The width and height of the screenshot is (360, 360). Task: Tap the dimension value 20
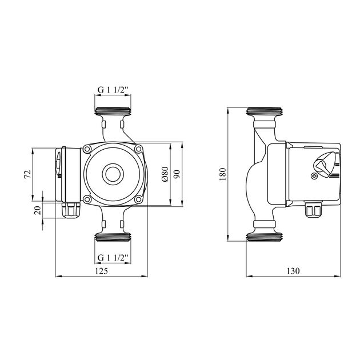point(38,210)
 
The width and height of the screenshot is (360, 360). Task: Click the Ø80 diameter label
point(165,174)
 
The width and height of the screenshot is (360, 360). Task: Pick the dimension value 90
point(177,174)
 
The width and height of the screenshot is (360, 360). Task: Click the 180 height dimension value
point(223,174)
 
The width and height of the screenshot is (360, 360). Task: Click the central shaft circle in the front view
point(113,174)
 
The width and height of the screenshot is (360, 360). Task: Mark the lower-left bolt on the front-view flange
point(87,199)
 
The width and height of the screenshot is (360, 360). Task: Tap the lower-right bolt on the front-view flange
point(138,199)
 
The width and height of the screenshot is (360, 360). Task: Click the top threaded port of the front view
point(113,111)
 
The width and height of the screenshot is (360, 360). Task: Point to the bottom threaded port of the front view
point(113,236)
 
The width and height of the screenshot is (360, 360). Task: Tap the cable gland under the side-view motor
point(313,210)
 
